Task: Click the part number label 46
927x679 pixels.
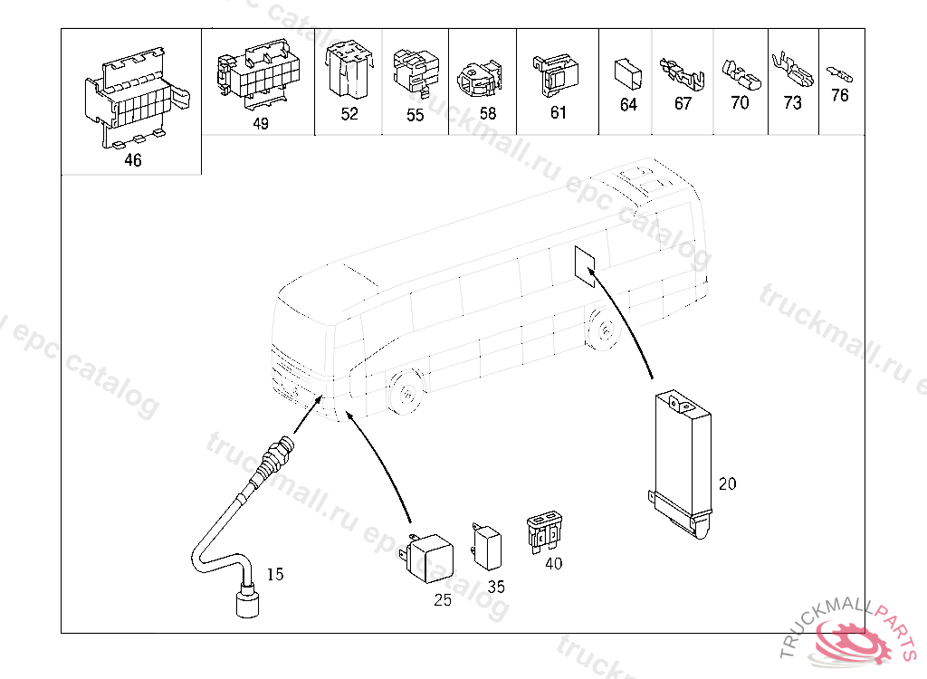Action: point(133,160)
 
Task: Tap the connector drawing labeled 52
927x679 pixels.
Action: point(349,71)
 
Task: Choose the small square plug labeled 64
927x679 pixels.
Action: point(626,73)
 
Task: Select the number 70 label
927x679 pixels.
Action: point(740,103)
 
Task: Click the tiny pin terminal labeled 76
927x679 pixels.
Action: point(839,72)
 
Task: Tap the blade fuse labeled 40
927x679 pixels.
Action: point(545,531)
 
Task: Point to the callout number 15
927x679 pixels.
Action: point(275,574)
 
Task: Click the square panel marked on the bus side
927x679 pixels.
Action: point(585,263)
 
